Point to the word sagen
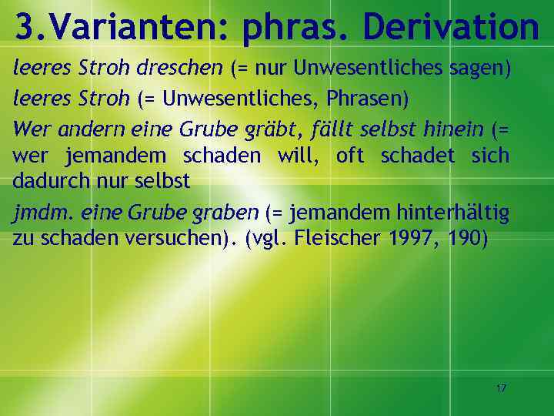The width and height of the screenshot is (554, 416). click(x=483, y=69)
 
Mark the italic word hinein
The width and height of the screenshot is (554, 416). click(x=454, y=128)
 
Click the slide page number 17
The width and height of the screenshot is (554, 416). click(x=501, y=388)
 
